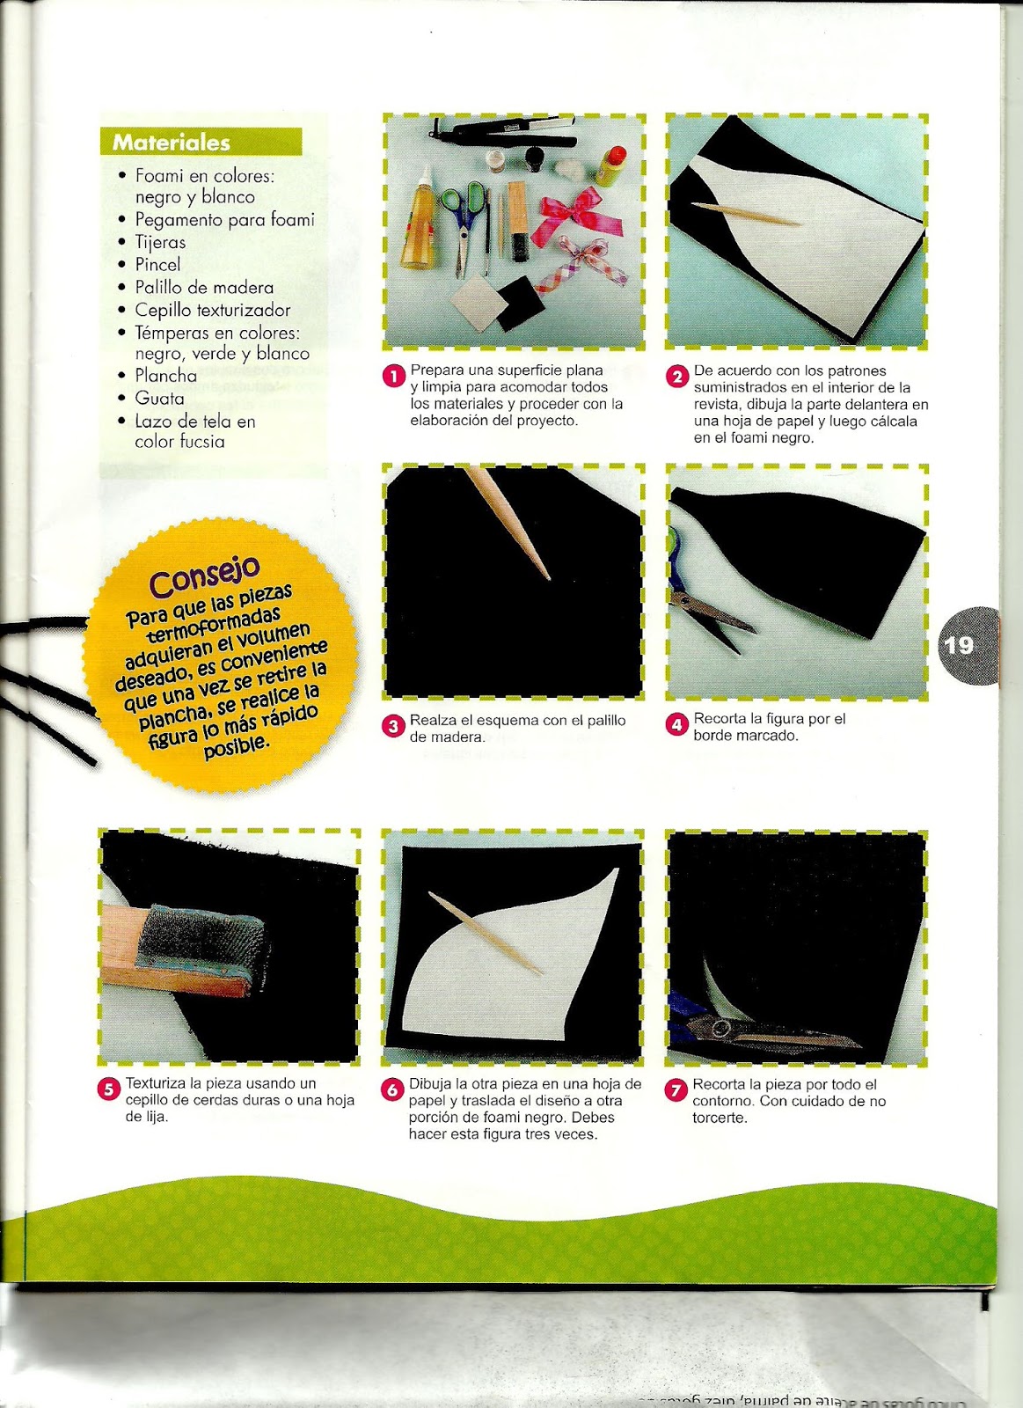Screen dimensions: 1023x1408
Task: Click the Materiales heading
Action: (171, 143)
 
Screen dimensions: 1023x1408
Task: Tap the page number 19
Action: (958, 646)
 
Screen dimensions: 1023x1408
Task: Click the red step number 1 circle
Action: (394, 377)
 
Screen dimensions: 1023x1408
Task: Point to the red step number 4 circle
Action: (677, 725)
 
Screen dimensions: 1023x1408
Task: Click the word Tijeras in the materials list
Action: (160, 242)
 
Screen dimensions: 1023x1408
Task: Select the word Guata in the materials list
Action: (159, 399)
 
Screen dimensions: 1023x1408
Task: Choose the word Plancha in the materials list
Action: (166, 375)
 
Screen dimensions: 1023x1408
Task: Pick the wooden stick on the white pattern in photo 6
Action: (485, 934)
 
